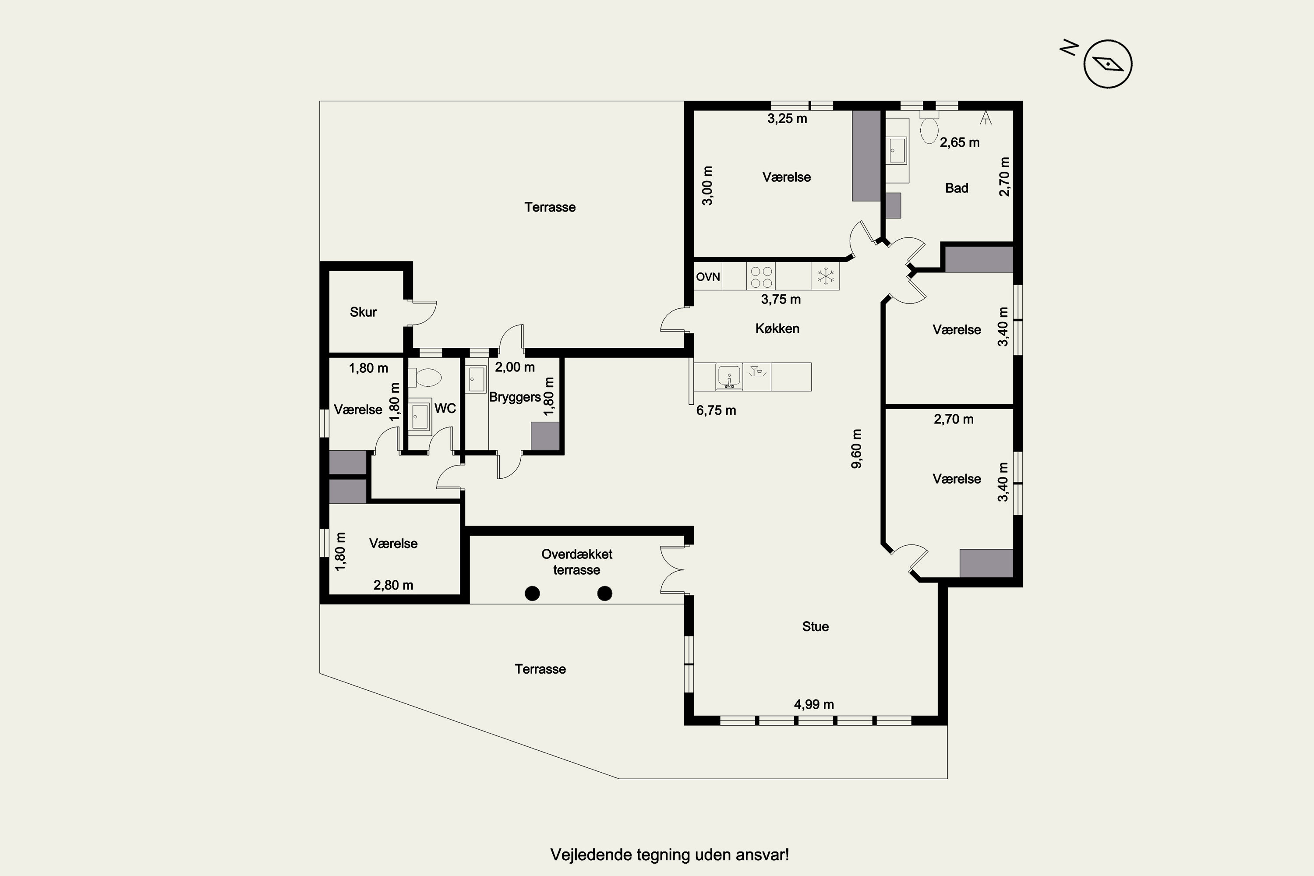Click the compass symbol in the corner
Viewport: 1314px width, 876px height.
[1108, 64]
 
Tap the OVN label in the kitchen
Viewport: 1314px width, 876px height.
[708, 276]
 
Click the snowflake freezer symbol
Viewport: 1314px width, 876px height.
[825, 276]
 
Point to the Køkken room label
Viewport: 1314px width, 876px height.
[777, 328]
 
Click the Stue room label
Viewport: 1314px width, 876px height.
[815, 626]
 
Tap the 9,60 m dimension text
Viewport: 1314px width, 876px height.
[856, 449]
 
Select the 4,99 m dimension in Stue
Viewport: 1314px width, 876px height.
[814, 704]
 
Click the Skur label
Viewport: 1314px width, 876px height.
[363, 312]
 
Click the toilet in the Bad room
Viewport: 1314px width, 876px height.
[929, 128]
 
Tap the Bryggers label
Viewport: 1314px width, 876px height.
[515, 397]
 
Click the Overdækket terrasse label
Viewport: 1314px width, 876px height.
[576, 562]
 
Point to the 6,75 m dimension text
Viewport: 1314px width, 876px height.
[716, 411]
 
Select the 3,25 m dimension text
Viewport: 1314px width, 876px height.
[787, 118]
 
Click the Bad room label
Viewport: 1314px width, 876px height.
[957, 188]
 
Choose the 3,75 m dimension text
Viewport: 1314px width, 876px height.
[781, 300]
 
